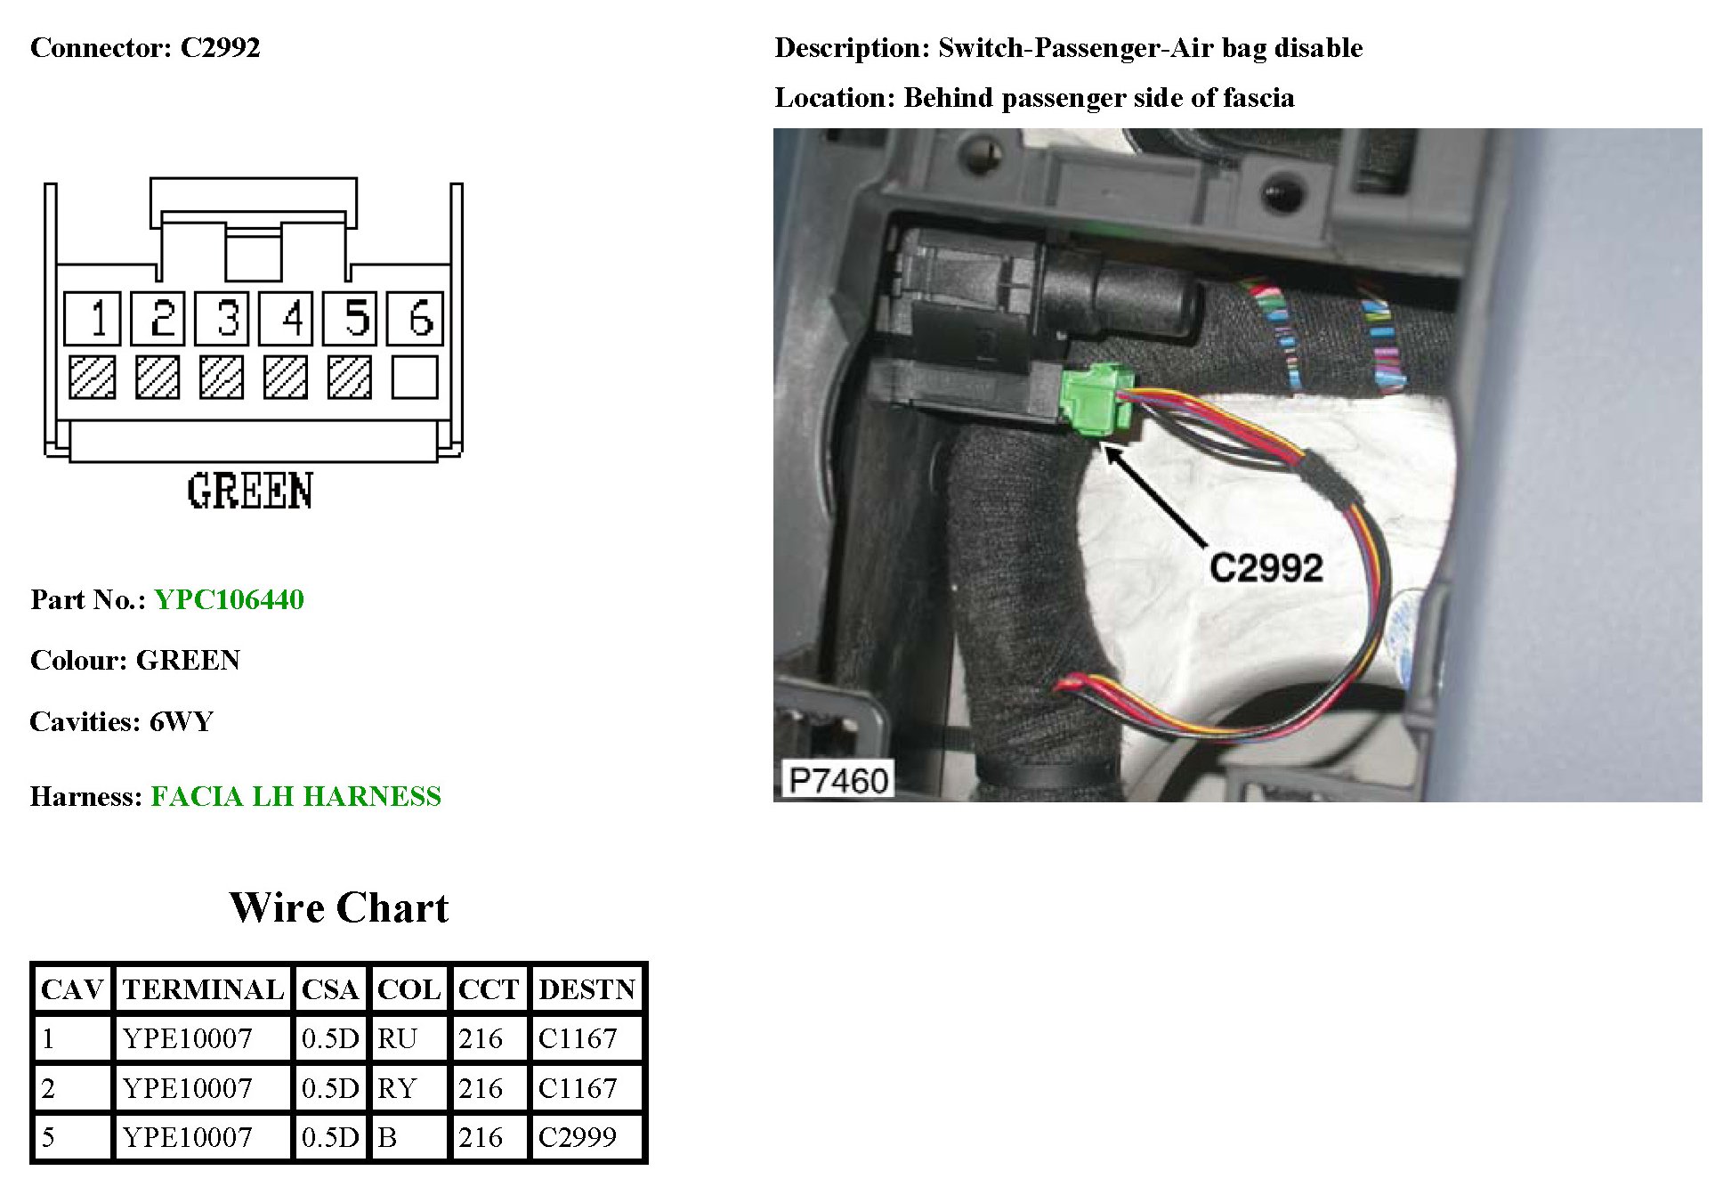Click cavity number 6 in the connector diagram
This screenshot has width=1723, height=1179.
(415, 318)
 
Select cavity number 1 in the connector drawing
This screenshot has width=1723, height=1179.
(93, 318)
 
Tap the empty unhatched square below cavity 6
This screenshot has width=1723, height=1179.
(415, 378)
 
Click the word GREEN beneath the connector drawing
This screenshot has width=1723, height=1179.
(250, 492)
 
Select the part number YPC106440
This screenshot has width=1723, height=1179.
(229, 599)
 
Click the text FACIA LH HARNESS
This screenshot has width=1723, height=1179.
(295, 796)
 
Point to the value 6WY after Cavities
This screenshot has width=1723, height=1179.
(182, 721)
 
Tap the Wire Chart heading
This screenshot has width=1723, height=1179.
(338, 907)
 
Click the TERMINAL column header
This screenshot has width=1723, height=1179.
(203, 989)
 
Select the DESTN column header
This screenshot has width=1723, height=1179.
(586, 989)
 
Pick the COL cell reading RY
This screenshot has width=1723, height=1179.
(397, 1088)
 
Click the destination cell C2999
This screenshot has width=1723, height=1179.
(578, 1137)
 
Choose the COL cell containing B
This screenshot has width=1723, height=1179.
(387, 1137)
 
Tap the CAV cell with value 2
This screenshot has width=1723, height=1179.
(49, 1088)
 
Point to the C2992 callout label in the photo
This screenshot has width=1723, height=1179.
(1266, 568)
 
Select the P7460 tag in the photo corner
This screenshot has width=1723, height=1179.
(837, 781)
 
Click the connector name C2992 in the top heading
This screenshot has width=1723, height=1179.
(220, 47)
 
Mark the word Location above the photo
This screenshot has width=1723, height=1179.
(833, 97)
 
